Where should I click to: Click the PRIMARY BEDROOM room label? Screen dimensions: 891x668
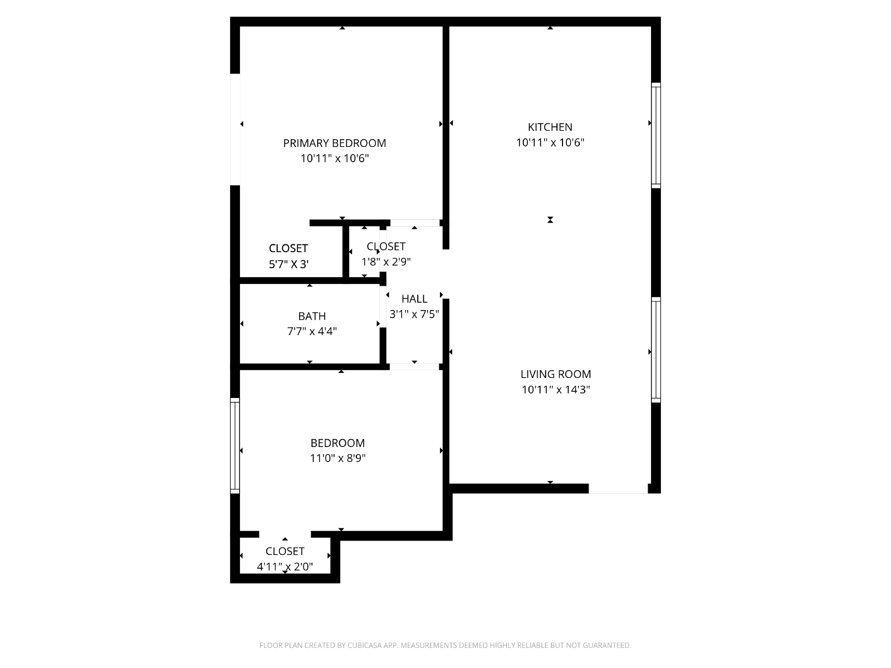334,143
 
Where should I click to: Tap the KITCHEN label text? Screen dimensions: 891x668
550,127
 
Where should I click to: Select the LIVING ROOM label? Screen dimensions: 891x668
556,374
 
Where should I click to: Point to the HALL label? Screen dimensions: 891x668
414,299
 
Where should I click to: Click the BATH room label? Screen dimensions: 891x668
312,316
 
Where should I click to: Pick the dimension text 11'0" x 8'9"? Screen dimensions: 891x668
337,458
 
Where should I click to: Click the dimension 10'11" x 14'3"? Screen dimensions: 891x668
556,390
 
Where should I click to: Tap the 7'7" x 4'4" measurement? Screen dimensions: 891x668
312,332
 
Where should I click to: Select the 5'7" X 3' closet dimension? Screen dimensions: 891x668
288,264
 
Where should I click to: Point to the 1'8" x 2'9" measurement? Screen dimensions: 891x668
386,262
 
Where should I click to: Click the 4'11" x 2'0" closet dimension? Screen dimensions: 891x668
285,567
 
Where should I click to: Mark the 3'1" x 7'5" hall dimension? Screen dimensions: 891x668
414,315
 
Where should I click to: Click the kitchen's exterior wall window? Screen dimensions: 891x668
656,135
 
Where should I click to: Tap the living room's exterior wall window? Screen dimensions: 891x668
656,350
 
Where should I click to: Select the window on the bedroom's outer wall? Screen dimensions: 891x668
235,446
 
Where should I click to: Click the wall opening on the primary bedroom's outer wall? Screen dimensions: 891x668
235,129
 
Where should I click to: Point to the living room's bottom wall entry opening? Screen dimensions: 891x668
618,489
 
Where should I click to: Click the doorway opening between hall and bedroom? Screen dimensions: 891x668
414,367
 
